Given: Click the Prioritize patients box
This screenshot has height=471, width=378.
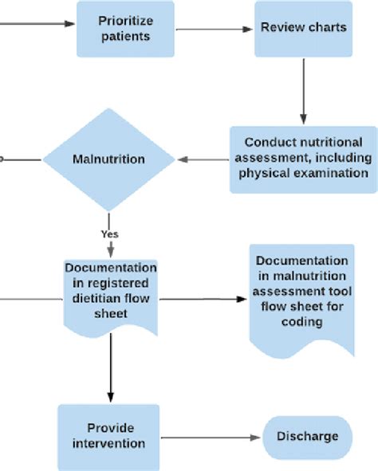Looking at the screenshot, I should coord(125,29).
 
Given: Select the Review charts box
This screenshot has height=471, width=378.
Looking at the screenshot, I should coord(304,28).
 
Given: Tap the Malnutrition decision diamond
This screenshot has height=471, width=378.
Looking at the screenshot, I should coord(108,159).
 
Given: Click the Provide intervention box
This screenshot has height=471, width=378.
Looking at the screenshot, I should coord(108,436).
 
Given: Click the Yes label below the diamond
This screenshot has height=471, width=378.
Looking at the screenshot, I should coord(109,234).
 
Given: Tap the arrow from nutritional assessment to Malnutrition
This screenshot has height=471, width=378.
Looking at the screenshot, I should coord(203,159).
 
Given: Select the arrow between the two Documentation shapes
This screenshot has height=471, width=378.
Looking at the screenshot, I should coord(203,300).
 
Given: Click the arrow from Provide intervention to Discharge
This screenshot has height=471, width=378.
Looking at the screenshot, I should coord(211,437).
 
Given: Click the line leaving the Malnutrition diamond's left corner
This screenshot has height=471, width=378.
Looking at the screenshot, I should coord(20,159).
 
